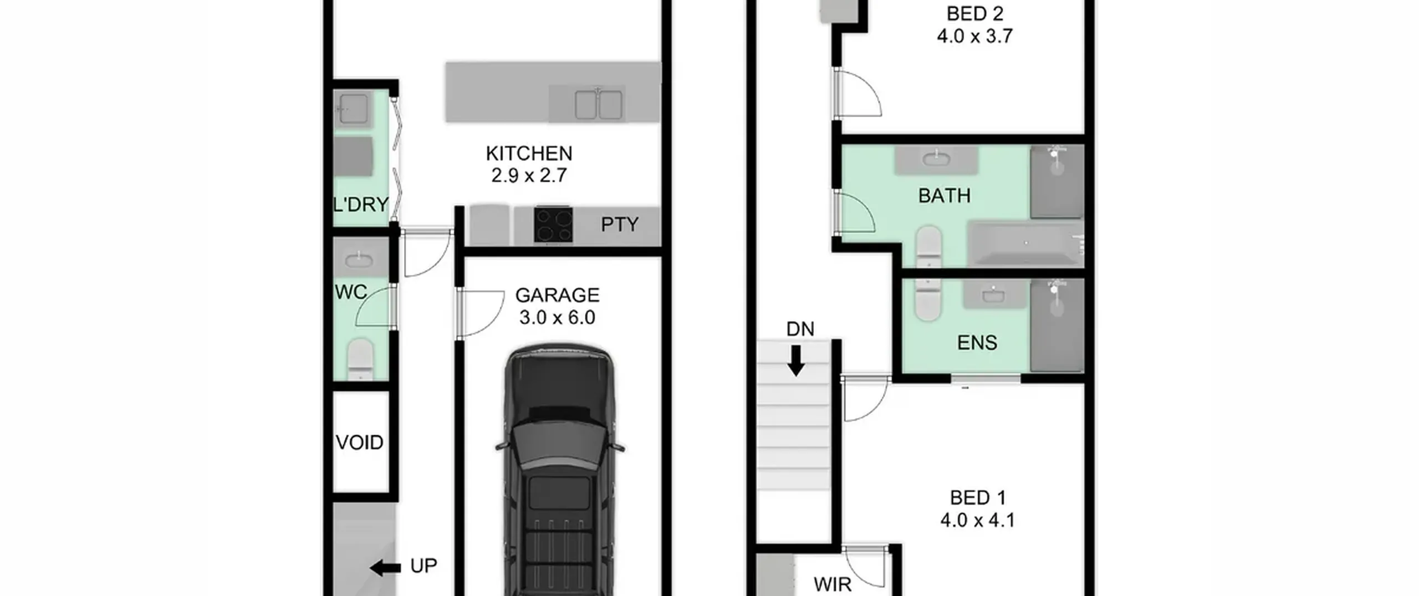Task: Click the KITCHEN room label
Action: [x=529, y=154]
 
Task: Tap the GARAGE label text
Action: [x=557, y=295]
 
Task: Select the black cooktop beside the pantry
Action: [x=553, y=225]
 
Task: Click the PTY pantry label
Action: [x=620, y=225]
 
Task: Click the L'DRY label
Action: [x=361, y=205]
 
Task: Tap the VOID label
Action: [x=360, y=442]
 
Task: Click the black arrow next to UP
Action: [x=385, y=568]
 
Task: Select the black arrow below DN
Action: [x=797, y=361]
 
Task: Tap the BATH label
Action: [x=945, y=196]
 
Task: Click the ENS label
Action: [x=977, y=343]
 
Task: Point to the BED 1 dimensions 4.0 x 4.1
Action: [x=978, y=520]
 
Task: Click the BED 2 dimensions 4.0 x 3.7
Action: [x=974, y=36]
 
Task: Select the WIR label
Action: [x=833, y=584]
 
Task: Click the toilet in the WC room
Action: [x=360, y=359]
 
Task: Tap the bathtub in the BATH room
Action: [x=1025, y=243]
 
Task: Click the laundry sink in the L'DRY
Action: [x=353, y=109]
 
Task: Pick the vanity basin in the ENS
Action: [x=993, y=294]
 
